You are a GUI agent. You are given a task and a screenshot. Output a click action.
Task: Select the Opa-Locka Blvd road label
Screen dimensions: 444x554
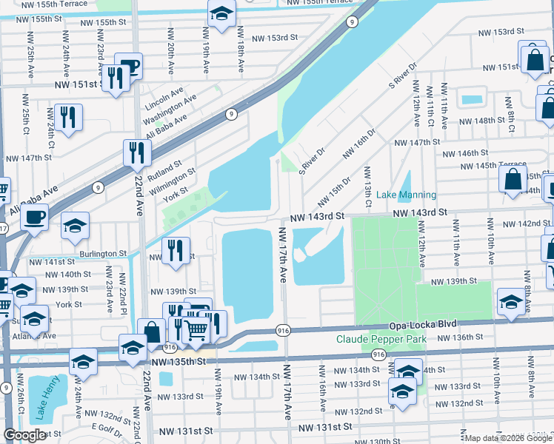[421, 325]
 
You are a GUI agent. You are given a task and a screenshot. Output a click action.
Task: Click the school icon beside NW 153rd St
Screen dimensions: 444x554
[221, 15]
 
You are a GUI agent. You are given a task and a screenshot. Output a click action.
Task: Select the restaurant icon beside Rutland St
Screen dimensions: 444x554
[137, 152]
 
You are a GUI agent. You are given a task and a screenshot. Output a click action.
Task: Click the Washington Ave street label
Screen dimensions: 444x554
[170, 109]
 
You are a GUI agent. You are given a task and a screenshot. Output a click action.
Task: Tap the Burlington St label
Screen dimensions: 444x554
[102, 253]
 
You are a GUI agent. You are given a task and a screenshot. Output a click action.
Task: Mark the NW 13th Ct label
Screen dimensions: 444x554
[367, 182]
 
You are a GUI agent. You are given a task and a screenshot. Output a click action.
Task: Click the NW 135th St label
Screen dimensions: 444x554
[178, 362]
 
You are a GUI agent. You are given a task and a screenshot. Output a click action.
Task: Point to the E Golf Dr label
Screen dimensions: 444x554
[110, 427]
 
